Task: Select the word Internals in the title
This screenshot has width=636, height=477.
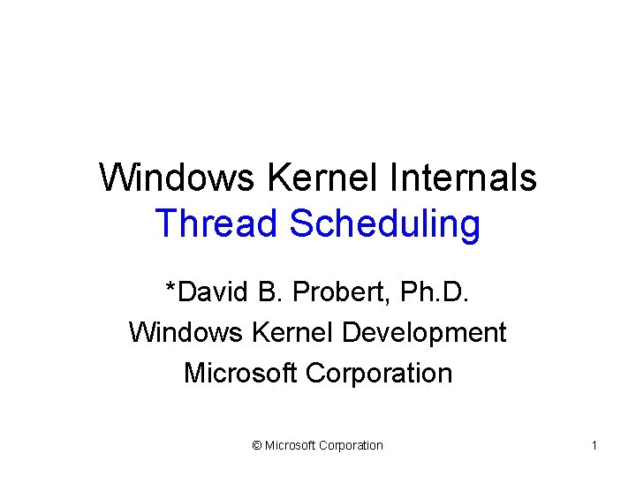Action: pos(462,178)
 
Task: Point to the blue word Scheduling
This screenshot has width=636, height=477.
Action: pos(384,224)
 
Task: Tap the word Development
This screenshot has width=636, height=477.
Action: pos(424,333)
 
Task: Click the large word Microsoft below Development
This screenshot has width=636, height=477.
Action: pos(240,373)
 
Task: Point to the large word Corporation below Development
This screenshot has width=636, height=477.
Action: pos(379,374)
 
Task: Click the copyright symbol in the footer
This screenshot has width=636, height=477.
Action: pos(256,446)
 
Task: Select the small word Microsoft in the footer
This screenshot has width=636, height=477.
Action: pos(291,446)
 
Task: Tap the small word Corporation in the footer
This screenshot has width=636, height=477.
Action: pos(352,446)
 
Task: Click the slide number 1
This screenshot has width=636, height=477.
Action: pos(594,446)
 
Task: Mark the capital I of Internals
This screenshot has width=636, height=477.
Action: pos(391,178)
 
